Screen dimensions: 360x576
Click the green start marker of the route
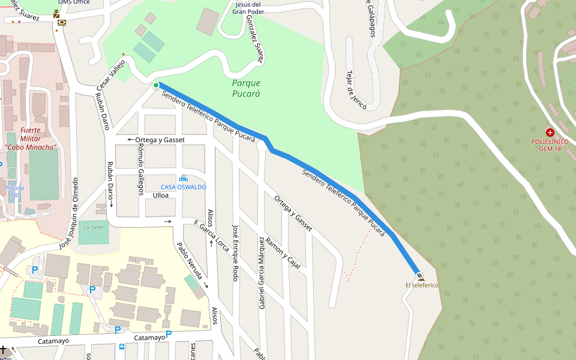point(156,85)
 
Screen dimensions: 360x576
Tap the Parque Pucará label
point(246,88)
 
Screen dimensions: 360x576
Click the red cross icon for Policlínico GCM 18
point(550,132)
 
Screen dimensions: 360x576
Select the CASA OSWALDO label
point(183,187)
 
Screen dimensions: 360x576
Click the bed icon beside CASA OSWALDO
point(183,178)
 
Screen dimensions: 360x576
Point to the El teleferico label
point(422,285)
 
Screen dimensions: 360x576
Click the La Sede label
point(93,227)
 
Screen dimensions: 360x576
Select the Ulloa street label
point(161,196)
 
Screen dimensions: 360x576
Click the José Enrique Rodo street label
point(235,253)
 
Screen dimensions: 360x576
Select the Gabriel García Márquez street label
point(261,273)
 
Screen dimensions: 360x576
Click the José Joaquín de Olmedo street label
point(68,214)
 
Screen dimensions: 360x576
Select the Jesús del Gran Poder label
point(248,8)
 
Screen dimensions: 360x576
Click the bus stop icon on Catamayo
point(122,347)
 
